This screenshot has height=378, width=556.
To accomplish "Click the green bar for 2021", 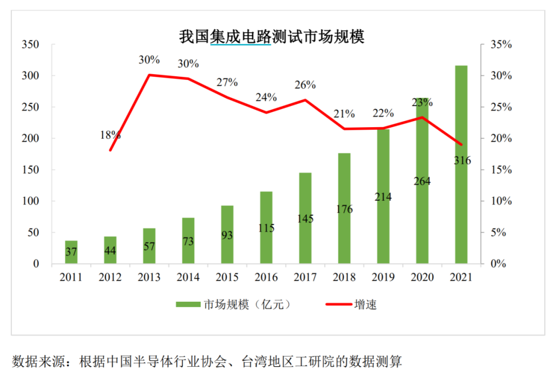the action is [x=461, y=164].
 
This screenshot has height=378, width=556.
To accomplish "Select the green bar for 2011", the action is [x=71, y=252].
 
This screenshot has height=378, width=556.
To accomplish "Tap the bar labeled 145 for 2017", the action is [x=305, y=218].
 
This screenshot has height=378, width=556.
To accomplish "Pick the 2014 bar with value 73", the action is [x=188, y=241].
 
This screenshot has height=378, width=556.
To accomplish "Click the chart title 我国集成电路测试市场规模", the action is [x=272, y=37].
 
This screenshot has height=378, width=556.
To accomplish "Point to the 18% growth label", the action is [x=110, y=135].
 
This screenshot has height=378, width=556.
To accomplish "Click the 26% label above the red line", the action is [x=305, y=85].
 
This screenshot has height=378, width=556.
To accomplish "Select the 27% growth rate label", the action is [x=227, y=82].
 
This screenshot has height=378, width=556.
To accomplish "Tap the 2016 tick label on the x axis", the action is [x=266, y=277].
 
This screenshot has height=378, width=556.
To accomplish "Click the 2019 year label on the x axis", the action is [x=383, y=277].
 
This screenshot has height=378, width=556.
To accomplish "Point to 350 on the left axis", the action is [x=30, y=44].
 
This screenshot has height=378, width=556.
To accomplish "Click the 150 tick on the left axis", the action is [x=30, y=169].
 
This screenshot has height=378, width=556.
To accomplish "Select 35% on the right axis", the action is [x=501, y=44].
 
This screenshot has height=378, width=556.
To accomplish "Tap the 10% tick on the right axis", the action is [x=501, y=201].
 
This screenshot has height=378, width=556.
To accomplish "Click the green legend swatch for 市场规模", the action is [x=188, y=304].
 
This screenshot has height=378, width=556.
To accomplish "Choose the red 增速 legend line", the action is [x=339, y=304].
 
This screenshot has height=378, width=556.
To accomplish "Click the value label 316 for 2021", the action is [x=462, y=161].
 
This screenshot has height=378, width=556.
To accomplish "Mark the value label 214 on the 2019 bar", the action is [x=383, y=197].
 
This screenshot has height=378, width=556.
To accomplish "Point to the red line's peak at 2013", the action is [x=149, y=75].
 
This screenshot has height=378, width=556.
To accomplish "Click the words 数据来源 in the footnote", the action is [x=39, y=362].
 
